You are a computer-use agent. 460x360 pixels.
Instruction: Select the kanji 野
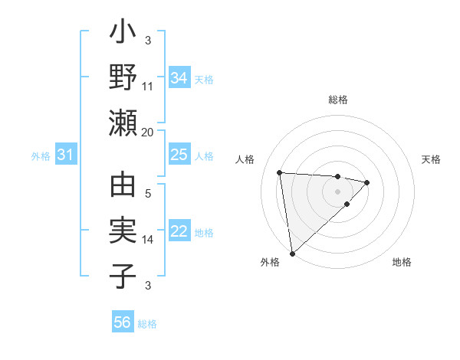pyautogui.click(x=123, y=78)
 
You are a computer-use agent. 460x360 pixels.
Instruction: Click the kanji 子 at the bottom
pyautogui.click(x=123, y=277)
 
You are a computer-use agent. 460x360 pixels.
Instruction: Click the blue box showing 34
pyautogui.click(x=179, y=78)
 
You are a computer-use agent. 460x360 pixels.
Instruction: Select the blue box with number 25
pyautogui.click(x=179, y=155)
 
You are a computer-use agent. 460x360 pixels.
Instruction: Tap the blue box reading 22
pyautogui.click(x=179, y=231)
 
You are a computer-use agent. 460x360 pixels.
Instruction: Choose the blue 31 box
pyautogui.click(x=65, y=155)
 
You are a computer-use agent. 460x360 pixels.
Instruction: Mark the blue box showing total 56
pyautogui.click(x=122, y=322)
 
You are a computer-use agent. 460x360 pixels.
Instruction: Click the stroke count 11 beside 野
pyautogui.click(x=148, y=85)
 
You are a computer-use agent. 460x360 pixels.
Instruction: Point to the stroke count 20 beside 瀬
pyautogui.click(x=148, y=132)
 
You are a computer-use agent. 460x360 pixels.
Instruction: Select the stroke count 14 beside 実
pyautogui.click(x=148, y=240)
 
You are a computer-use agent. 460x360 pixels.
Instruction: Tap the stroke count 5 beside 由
pyautogui.click(x=148, y=194)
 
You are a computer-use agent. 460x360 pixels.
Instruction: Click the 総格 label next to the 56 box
pyautogui.click(x=147, y=324)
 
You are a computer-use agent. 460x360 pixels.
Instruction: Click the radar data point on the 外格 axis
pyautogui.click(x=292, y=253)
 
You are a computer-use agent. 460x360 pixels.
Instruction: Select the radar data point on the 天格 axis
pyautogui.click(x=367, y=182)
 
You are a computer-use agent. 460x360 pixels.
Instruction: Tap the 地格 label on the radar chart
pyautogui.click(x=402, y=262)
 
